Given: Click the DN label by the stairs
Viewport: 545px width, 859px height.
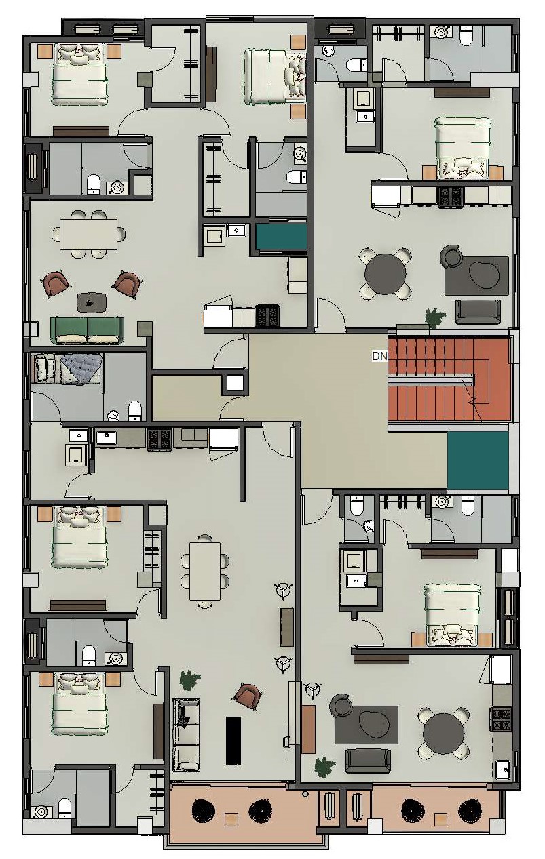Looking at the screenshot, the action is point(379,356).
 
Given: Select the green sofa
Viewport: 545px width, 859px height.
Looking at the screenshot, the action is point(88,330).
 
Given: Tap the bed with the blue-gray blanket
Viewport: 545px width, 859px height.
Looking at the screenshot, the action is point(67,369).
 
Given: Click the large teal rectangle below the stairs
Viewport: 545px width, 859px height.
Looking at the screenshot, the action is point(478,460).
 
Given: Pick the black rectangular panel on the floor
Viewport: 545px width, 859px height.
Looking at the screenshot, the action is point(233,740).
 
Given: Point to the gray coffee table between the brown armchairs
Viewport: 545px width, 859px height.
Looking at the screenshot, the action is point(92,302).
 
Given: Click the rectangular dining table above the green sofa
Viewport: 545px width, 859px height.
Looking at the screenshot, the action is point(89,234).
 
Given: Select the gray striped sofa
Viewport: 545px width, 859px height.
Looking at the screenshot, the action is point(186,734).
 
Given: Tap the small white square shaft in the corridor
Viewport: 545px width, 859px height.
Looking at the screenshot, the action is point(235,382).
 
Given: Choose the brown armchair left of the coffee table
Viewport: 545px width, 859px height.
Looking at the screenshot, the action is point(56,284).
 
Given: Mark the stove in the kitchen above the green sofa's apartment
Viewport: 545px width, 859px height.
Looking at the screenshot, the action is point(267,316).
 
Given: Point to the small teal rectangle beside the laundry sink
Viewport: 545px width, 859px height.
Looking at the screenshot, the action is point(282,237).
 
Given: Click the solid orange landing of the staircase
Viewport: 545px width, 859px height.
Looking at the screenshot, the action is point(492,379).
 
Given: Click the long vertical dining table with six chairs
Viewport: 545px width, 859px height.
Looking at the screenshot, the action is point(205,571).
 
